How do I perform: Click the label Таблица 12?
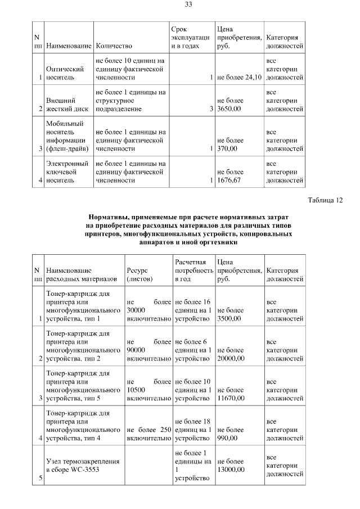coord(325,200)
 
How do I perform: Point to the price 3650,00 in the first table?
coord(227,109)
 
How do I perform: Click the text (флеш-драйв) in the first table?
coord(66,149)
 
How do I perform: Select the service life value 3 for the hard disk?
coord(210,109)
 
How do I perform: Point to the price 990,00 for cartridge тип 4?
coord(228,438)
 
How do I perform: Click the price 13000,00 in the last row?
coord(231,469)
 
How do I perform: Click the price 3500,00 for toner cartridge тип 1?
coord(229,318)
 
